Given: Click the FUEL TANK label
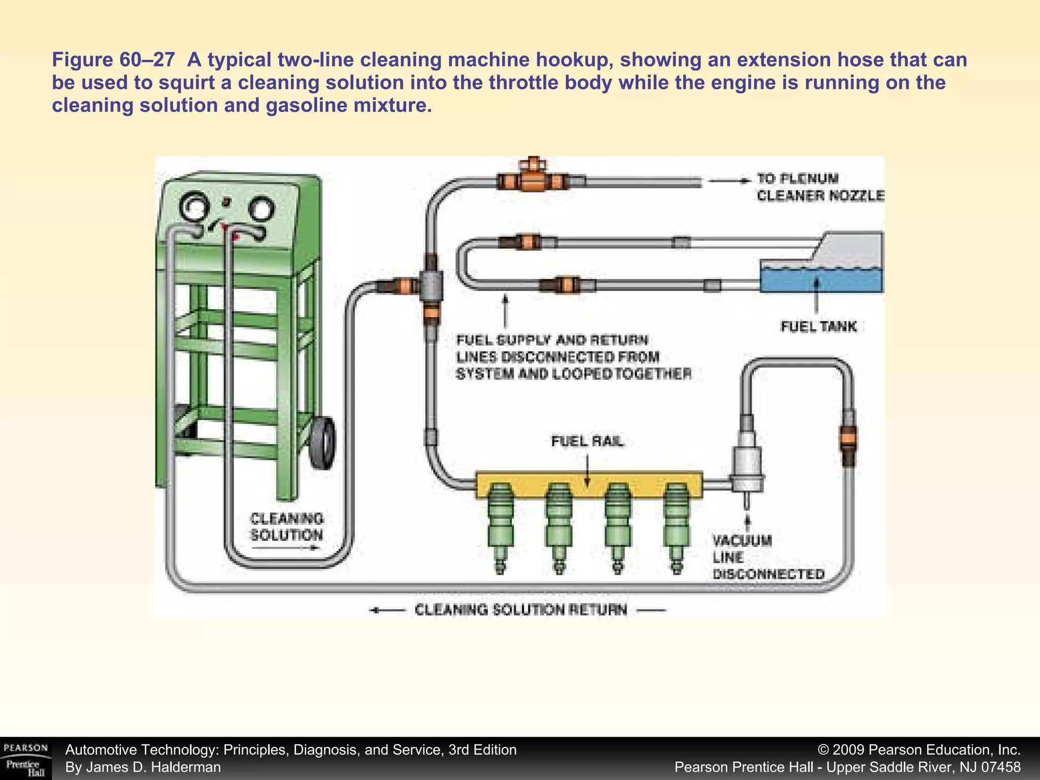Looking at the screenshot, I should [818, 326].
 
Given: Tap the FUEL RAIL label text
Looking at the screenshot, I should [588, 442].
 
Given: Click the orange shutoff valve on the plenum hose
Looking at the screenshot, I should [532, 180].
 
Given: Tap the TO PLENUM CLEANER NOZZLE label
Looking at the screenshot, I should [820, 187].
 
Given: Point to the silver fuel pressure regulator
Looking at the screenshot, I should [746, 465].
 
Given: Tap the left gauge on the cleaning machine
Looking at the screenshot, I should [195, 207].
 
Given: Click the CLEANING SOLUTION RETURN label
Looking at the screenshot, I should [521, 610].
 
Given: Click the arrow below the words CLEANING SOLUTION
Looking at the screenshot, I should [285, 548].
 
